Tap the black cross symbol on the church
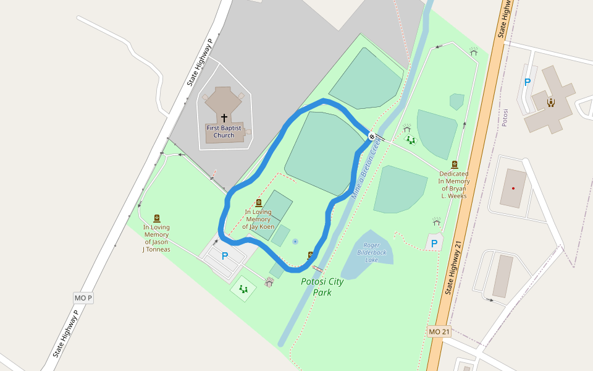[x=224, y=117]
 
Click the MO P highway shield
[x=83, y=298]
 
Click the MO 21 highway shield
[x=439, y=332]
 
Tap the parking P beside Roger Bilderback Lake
[x=434, y=244]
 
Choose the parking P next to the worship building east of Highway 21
[x=527, y=82]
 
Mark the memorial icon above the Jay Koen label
[x=258, y=203]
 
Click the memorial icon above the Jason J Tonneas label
[x=157, y=218]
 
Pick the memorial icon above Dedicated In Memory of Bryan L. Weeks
[x=455, y=164]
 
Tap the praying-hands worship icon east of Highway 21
[x=550, y=102]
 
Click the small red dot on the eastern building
[x=513, y=188]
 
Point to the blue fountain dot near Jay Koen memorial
[x=295, y=241]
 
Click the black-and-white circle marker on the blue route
[x=371, y=136]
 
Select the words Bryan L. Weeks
[x=454, y=192]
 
